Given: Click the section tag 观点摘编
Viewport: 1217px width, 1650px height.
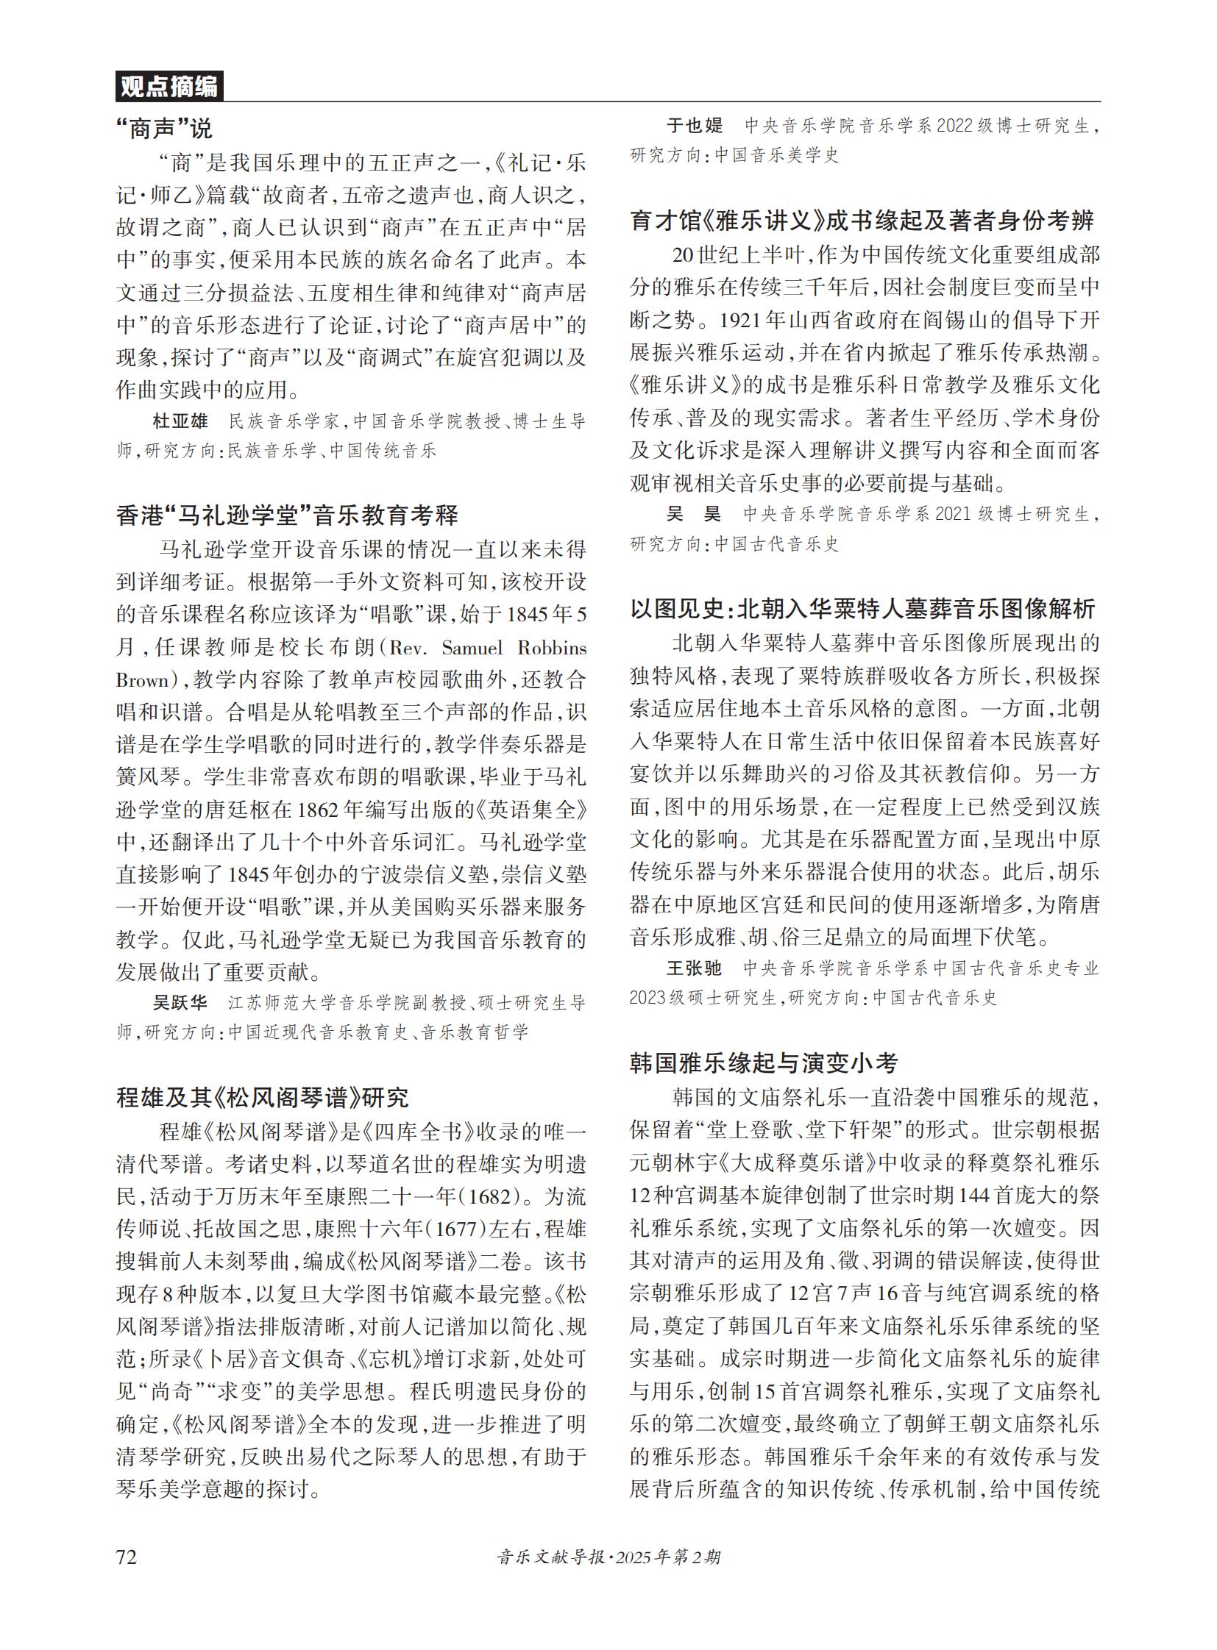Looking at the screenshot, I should [x=168, y=87].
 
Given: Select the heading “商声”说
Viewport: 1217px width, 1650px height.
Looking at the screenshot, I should [x=163, y=129].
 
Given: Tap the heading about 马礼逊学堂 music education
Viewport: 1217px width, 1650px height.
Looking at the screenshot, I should [x=286, y=515].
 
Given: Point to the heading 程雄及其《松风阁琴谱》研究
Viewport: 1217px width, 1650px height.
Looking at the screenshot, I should [x=262, y=1098].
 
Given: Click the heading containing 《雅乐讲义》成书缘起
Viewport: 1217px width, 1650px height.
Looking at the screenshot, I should [x=862, y=220].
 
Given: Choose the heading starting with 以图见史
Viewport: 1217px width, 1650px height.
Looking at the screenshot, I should [x=862, y=609].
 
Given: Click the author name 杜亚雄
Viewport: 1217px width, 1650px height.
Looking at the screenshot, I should [x=180, y=421].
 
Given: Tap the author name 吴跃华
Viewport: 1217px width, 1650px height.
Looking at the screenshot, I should [x=180, y=1003].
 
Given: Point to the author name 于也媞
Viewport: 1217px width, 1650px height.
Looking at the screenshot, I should [x=695, y=126].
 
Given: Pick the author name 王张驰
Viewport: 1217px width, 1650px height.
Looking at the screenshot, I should [x=695, y=968].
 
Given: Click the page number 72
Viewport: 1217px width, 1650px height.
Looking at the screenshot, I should [x=127, y=1557].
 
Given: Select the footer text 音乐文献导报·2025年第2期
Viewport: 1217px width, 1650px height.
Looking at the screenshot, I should [x=608, y=1557].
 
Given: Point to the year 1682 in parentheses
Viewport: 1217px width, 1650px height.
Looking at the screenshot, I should [x=484, y=1196].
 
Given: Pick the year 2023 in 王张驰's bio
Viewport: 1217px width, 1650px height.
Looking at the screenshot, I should [x=647, y=998].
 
